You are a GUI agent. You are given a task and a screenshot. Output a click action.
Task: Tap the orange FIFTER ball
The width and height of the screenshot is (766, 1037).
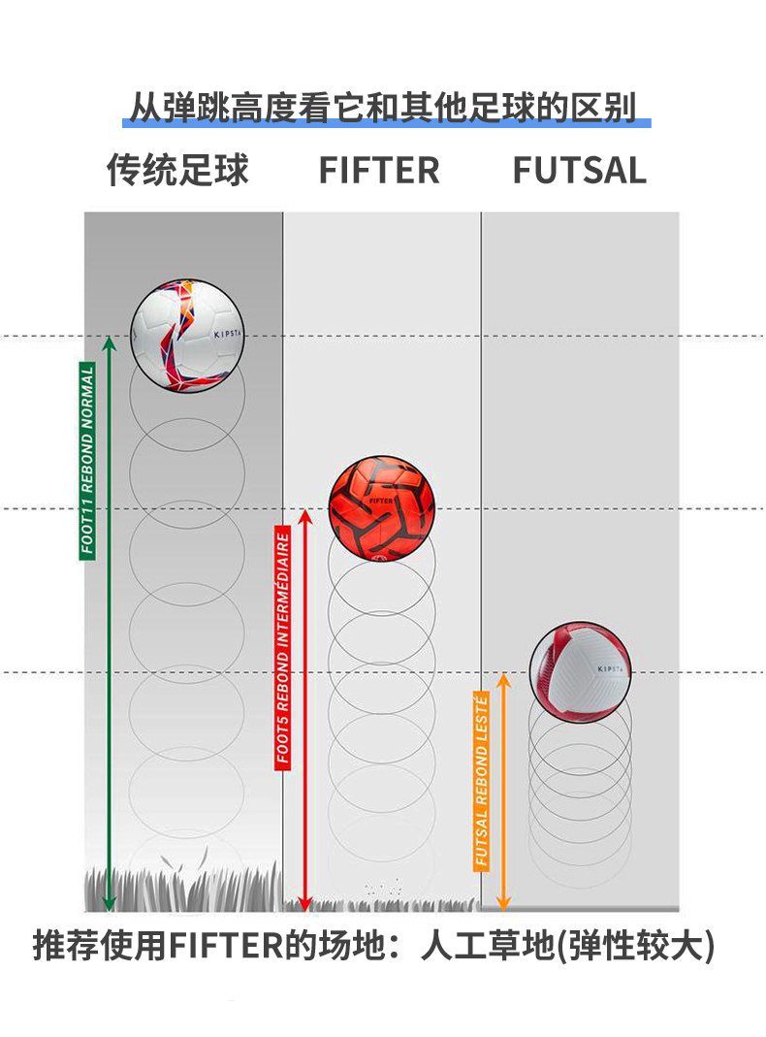[381, 508]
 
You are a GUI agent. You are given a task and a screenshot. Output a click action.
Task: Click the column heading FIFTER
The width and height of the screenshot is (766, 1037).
[379, 170]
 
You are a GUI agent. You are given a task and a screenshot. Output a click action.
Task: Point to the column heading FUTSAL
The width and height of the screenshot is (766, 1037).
[579, 170]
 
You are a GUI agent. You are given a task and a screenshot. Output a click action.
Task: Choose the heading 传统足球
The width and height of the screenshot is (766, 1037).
[177, 170]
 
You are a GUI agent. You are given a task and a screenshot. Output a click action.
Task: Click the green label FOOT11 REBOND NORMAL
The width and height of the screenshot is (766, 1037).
[87, 461]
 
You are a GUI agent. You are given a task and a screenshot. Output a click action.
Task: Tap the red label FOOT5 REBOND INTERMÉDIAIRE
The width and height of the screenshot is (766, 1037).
[283, 648]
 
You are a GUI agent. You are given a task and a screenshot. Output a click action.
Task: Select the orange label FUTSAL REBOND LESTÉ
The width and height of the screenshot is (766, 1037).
[482, 780]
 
